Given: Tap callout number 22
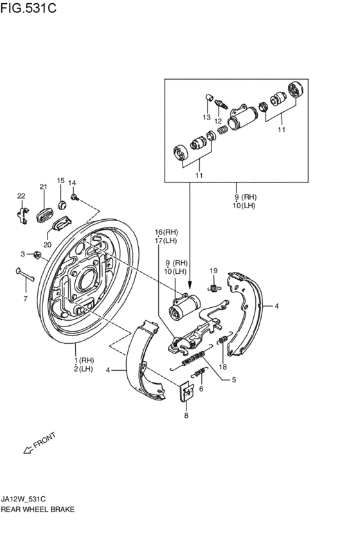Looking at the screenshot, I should pyautogui.click(x=21, y=195).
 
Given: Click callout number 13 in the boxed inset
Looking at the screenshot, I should pyautogui.click(x=207, y=118).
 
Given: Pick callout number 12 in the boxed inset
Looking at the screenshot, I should pyautogui.click(x=219, y=121).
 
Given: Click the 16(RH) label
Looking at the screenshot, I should pyautogui.click(x=166, y=231).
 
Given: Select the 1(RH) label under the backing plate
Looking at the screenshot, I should pyautogui.click(x=84, y=361).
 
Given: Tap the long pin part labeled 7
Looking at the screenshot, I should pyautogui.click(x=23, y=274).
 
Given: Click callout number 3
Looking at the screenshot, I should pyautogui.click(x=22, y=254).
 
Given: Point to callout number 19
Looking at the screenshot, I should pyautogui.click(x=214, y=271).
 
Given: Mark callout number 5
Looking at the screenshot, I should pyautogui.click(x=233, y=379).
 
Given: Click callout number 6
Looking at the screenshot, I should pyautogui.click(x=201, y=389).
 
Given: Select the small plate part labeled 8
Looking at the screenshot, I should pyautogui.click(x=186, y=392).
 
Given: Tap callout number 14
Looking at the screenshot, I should pyautogui.click(x=72, y=183).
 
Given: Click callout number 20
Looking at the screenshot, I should pyautogui.click(x=48, y=244).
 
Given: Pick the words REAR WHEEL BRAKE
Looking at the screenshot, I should pyautogui.click(x=38, y=508).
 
